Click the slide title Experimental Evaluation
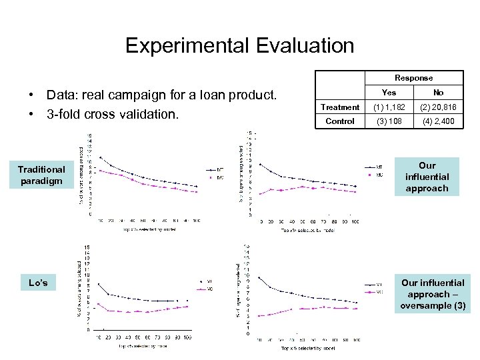click(x=239, y=45)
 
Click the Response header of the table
click(x=413, y=78)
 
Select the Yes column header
click(x=389, y=93)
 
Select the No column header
click(x=438, y=93)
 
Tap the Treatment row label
click(x=339, y=107)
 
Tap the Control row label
click(x=339, y=121)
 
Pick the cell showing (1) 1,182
click(x=389, y=107)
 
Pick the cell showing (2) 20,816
click(x=438, y=107)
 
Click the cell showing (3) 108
click(x=389, y=121)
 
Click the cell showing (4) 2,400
click(x=438, y=121)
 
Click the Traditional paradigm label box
click(x=41, y=175)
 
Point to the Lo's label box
click(x=39, y=283)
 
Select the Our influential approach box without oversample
click(x=427, y=177)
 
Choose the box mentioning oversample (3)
click(x=433, y=294)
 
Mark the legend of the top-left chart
click(x=215, y=173)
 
